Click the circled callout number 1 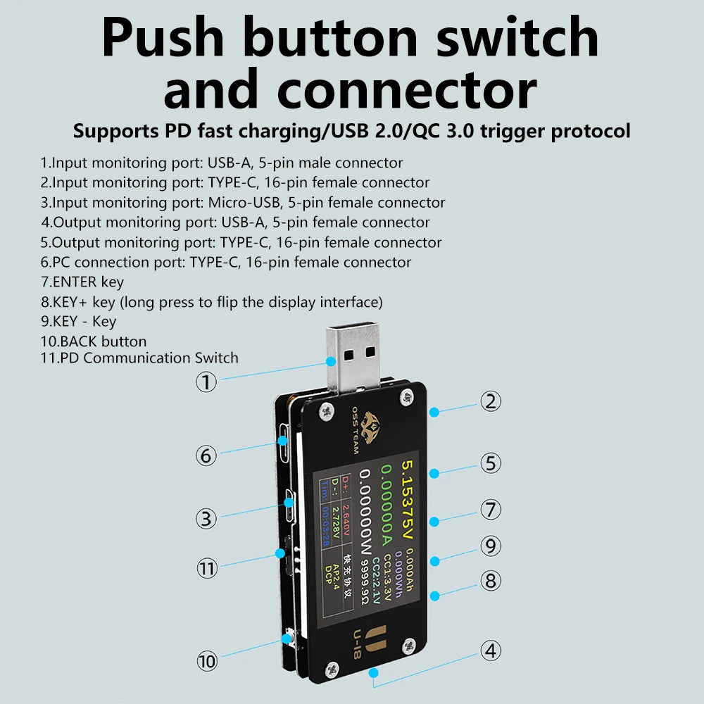pyautogui.click(x=206, y=382)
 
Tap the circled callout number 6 pyautogui.click(x=206, y=455)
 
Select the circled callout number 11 pyautogui.click(x=206, y=568)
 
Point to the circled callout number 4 pyautogui.click(x=491, y=650)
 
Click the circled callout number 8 pyautogui.click(x=491, y=581)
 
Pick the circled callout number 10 pyautogui.click(x=206, y=661)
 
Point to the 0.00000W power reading pyautogui.click(x=366, y=517)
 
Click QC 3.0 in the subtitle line pyautogui.click(x=453, y=131)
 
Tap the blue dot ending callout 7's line pyautogui.click(x=434, y=522)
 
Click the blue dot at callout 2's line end pyautogui.click(x=434, y=412)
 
